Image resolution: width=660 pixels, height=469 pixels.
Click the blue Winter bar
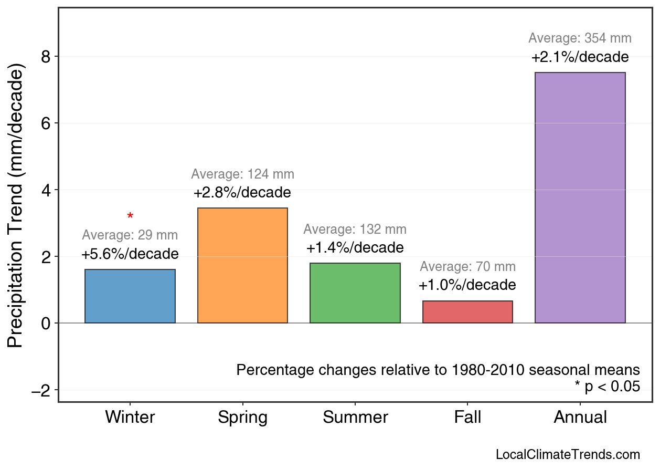click(130, 296)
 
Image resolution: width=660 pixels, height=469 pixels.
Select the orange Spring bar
click(242, 265)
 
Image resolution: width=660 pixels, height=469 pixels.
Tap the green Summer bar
click(355, 293)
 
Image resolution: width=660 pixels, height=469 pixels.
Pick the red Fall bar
click(467, 312)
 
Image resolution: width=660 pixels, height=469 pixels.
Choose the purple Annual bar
click(580, 197)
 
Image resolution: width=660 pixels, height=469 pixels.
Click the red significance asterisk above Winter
click(130, 216)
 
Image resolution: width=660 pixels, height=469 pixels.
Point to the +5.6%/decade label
click(130, 254)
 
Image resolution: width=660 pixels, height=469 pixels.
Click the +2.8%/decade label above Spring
click(242, 193)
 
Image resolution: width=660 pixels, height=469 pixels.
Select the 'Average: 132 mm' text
click(355, 230)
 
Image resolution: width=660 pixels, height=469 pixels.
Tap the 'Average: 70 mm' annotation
click(467, 267)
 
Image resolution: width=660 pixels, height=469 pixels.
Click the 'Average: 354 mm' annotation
click(580, 38)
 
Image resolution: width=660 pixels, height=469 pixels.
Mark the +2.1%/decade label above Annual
click(580, 57)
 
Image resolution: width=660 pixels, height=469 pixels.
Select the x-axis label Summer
click(355, 418)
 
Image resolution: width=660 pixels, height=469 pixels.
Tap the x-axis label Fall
click(467, 418)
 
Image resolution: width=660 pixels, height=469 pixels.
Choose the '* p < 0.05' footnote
click(607, 387)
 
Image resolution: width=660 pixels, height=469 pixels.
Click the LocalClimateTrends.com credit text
click(568, 455)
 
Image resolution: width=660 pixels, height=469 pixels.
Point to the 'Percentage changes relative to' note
click(438, 370)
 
